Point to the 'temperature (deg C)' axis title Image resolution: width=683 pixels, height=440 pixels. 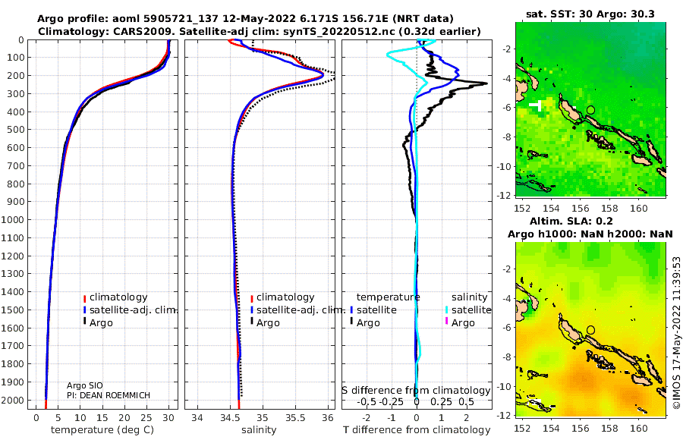tap(102, 430)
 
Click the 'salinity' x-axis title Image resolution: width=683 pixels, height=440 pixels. tap(259, 430)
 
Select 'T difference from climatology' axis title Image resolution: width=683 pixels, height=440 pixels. tap(417, 430)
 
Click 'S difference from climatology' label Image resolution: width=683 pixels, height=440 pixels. tap(416, 391)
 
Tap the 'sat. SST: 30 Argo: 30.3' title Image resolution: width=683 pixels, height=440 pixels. tap(590, 14)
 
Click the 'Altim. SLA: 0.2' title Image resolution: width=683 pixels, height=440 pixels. tap(571, 222)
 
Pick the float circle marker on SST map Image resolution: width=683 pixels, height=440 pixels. tap(590, 110)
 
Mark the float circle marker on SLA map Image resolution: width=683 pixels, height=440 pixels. tap(590, 330)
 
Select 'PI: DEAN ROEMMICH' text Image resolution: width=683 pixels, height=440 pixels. tap(109, 395)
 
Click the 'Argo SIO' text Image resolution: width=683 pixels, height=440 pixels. tap(85, 385)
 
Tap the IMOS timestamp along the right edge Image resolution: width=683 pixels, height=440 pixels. tap(676, 332)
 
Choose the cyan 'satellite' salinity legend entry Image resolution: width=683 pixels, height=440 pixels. tap(468, 310)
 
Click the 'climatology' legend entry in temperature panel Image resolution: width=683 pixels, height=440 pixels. tap(115, 297)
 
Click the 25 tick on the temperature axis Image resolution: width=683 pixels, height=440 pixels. tap(146, 418)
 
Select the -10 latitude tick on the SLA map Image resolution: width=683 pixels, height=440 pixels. tap(505, 386)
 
